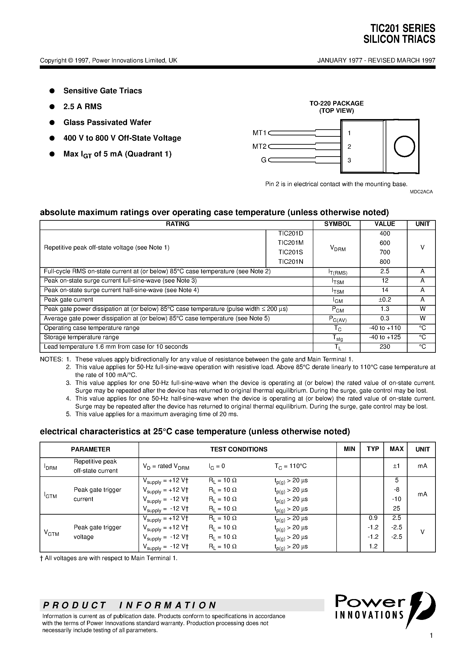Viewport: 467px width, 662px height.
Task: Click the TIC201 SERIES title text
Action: pyautogui.click(x=403, y=28)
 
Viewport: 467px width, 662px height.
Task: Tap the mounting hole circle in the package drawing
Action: pyautogui.click(x=404, y=146)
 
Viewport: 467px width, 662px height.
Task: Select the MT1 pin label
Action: pyautogui.click(x=259, y=133)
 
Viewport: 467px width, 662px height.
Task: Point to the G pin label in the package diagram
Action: pyautogui.click(x=263, y=160)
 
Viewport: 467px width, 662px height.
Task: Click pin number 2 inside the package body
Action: pyautogui.click(x=349, y=147)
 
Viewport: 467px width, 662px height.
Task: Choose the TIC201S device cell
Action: pyautogui.click(x=290, y=252)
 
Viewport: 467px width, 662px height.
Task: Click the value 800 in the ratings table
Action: pyautogui.click(x=385, y=262)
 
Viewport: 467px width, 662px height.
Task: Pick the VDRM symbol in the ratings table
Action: pyautogui.click(x=337, y=248)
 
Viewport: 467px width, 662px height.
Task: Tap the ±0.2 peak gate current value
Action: pyautogui.click(x=385, y=300)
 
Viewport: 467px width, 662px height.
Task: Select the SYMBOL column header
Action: pyautogui.click(x=337, y=224)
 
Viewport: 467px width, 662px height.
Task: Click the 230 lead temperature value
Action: pyautogui.click(x=385, y=347)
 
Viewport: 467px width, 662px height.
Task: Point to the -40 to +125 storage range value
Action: pyautogui.click(x=385, y=337)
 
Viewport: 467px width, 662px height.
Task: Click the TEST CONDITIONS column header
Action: pyautogui.click(x=239, y=449)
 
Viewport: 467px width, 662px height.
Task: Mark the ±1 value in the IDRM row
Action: pyautogui.click(x=396, y=466)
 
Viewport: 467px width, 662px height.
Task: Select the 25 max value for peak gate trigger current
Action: pyautogui.click(x=396, y=508)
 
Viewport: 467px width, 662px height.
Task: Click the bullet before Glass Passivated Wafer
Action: pyautogui.click(x=52, y=122)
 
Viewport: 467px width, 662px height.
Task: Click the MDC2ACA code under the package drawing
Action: pyautogui.click(x=421, y=192)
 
